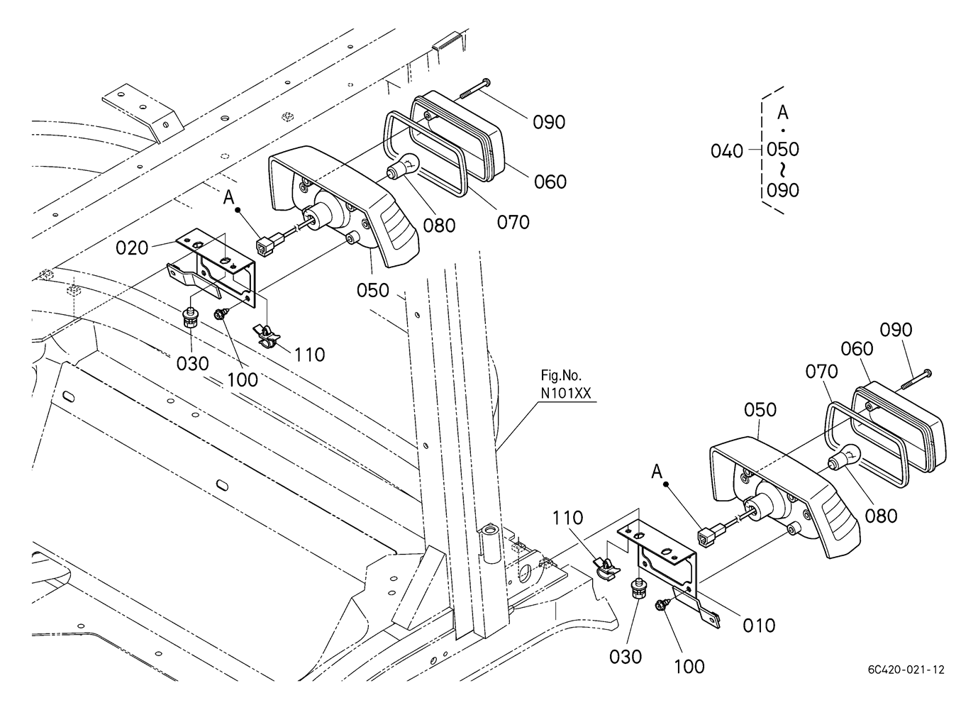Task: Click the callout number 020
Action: point(131,248)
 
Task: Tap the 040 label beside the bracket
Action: point(727,150)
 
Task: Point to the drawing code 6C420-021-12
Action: point(905,669)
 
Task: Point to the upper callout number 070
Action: point(513,222)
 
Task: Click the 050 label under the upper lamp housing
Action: point(373,290)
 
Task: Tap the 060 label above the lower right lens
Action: point(857,349)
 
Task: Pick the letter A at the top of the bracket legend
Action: point(783,112)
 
